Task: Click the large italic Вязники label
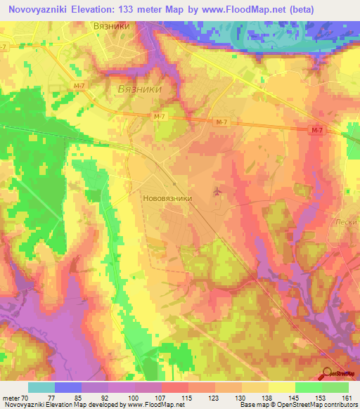(139, 91)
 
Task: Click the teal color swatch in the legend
(41, 387)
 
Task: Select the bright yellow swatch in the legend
(281, 387)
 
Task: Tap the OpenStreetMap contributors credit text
(321, 405)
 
